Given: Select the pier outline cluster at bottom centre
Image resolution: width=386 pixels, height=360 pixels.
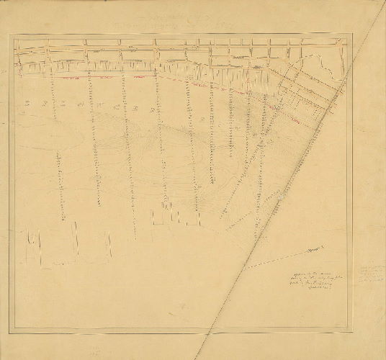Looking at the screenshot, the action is click(174, 215).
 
